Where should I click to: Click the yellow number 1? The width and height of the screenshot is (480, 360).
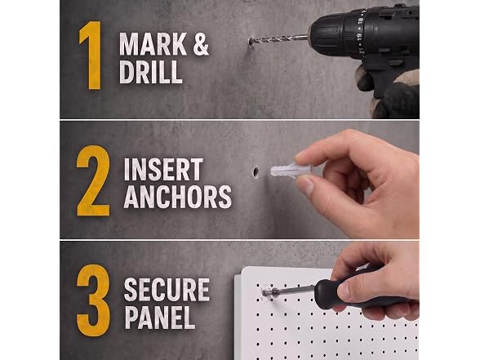[91, 56]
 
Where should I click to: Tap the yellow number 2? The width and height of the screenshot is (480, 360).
[93, 181]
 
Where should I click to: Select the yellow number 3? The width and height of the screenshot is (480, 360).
[93, 300]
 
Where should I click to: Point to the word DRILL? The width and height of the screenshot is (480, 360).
[150, 72]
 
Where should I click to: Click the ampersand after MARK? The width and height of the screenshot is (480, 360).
[201, 44]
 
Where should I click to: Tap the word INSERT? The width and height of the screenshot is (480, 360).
[163, 169]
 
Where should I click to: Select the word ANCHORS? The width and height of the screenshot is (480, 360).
[178, 197]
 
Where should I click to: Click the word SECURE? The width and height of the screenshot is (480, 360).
[167, 290]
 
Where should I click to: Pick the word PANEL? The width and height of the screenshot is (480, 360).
[160, 317]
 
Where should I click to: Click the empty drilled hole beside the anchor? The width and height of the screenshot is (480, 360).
[256, 171]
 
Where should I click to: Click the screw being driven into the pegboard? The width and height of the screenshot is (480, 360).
[265, 293]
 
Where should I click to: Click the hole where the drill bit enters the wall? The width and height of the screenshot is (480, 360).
[251, 41]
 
